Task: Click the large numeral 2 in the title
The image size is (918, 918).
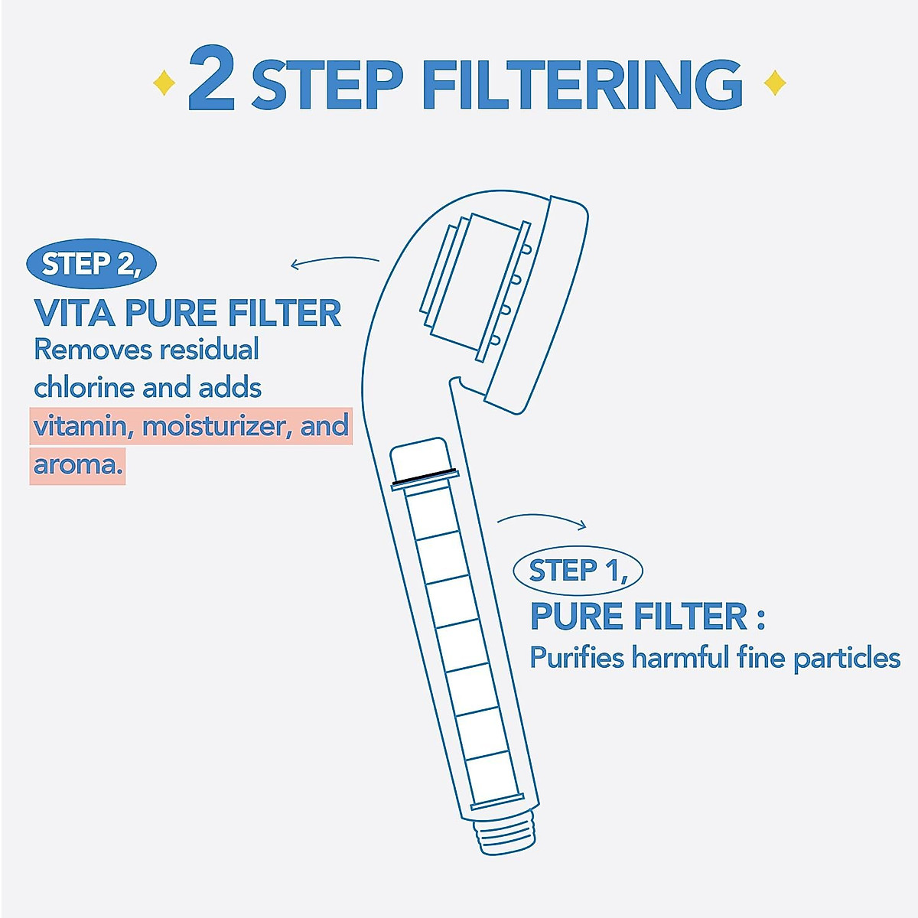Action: [211, 80]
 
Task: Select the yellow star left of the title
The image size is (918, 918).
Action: [164, 83]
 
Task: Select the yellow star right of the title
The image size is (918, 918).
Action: [775, 83]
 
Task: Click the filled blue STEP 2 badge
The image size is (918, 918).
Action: [91, 264]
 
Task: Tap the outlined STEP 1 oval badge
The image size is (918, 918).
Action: [578, 571]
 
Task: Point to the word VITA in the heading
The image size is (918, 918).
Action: [74, 314]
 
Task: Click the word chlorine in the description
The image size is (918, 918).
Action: [84, 387]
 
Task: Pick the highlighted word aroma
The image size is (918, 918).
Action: [77, 464]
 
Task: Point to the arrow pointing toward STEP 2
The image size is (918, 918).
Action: [334, 262]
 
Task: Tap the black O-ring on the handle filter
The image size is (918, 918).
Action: [424, 476]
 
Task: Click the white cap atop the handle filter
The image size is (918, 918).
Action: [418, 457]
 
